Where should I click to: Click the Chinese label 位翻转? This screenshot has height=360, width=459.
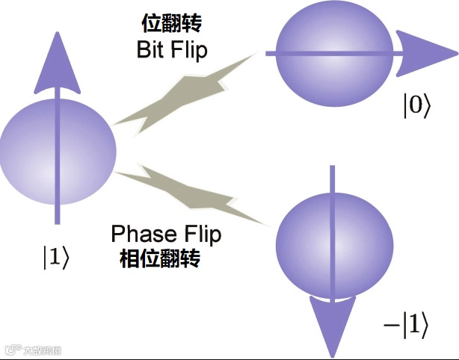click(171, 25)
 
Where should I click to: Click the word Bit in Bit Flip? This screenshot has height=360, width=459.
click(152, 51)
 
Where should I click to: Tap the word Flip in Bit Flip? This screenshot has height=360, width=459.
click(189, 51)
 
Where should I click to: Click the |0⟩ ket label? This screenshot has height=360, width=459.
click(417, 106)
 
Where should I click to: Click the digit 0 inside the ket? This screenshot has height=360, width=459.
click(417, 106)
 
